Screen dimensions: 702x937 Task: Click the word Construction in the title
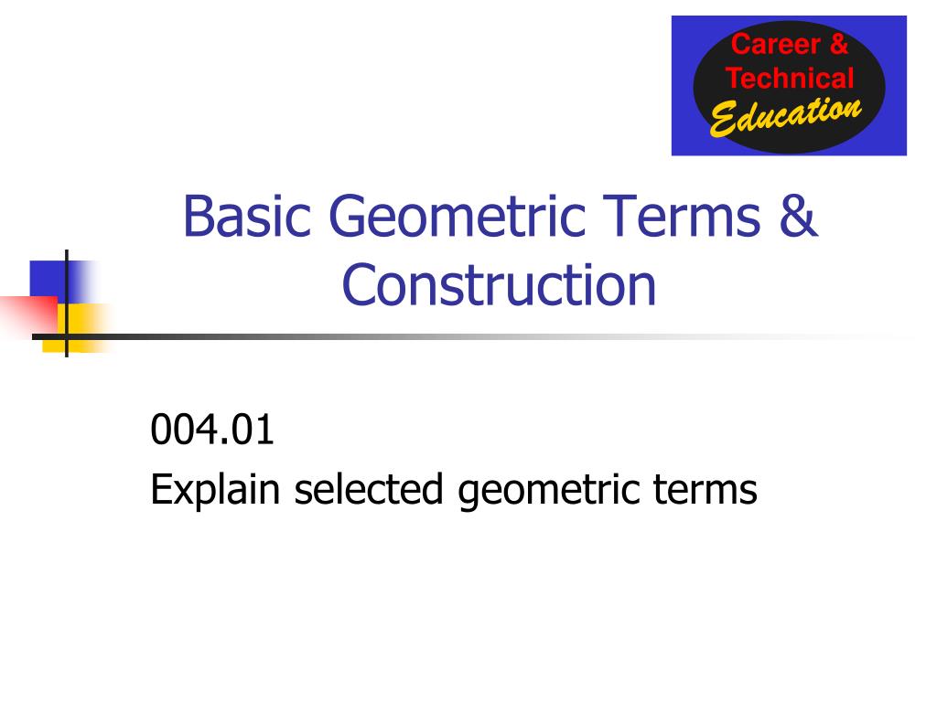(500, 284)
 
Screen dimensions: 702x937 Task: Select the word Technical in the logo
(790, 78)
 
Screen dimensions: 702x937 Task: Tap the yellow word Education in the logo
(785, 116)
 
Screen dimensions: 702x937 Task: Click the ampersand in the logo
(839, 44)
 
